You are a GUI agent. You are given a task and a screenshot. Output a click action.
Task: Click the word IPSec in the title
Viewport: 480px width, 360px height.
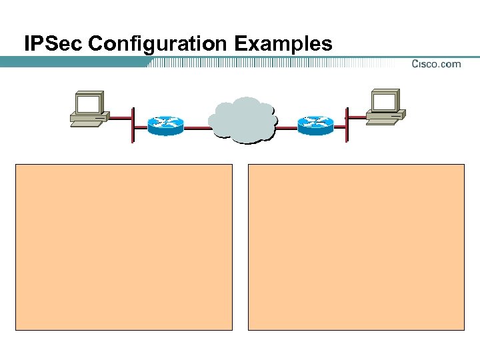[53, 44]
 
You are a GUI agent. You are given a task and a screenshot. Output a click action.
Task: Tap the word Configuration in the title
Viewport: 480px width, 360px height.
[157, 44]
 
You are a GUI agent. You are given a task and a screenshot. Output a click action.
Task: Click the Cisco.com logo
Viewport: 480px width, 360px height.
[436, 63]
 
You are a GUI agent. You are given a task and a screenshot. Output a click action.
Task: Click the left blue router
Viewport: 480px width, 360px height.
[165, 125]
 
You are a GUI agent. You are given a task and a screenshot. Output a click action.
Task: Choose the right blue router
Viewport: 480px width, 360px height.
[315, 125]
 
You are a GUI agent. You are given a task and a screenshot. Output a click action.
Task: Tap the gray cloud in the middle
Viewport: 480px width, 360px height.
[242, 121]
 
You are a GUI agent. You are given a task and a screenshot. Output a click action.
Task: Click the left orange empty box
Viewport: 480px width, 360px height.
[124, 247]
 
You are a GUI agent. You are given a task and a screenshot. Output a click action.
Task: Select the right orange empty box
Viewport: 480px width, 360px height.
[356, 247]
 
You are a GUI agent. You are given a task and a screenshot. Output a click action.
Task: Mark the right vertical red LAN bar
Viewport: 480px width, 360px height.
[347, 124]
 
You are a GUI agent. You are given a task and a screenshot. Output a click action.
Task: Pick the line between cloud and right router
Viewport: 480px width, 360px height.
[286, 126]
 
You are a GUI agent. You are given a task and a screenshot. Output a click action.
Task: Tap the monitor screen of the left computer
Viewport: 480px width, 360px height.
[89, 104]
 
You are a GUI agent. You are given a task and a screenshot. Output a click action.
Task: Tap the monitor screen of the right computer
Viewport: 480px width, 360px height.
[385, 101]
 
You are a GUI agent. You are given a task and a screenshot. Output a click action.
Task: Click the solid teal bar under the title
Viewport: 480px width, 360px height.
[73, 62]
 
